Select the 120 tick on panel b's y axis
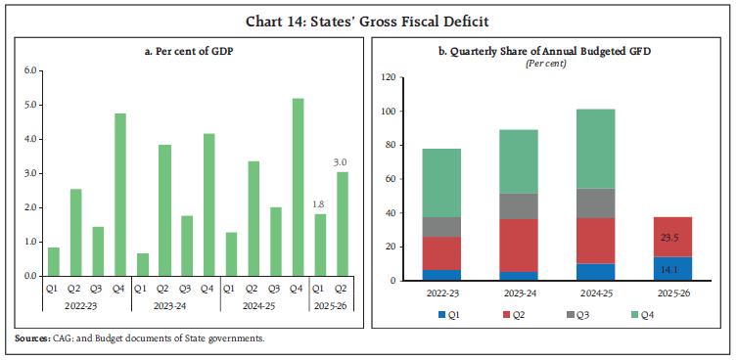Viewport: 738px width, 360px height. [389, 77]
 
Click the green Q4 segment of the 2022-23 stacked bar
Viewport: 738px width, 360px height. [440, 183]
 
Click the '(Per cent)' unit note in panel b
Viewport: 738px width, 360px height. [553, 63]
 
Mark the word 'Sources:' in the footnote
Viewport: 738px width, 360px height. [34, 338]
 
